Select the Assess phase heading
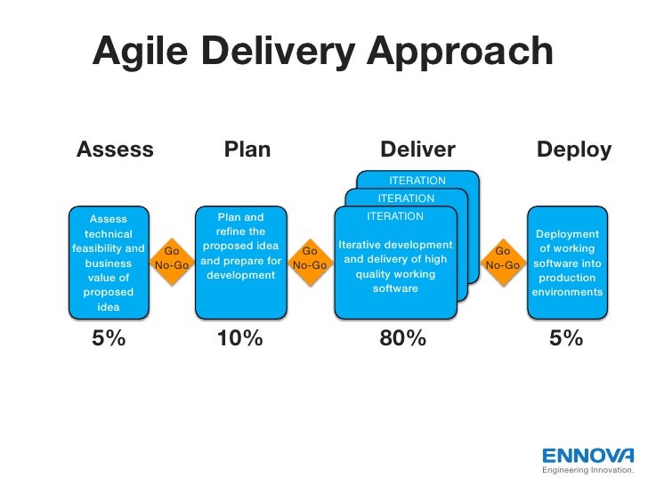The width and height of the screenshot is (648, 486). coord(115,150)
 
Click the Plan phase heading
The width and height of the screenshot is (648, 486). coord(247,150)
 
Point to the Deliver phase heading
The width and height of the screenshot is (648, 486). coord(417,150)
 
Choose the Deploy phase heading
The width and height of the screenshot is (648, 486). coord(574,150)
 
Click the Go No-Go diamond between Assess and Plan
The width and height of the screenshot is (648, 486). coord(173,258)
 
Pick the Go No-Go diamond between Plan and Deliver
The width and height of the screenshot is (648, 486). coord(310,258)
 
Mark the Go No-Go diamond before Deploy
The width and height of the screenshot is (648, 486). coord(502,258)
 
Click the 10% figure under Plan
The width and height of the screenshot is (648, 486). coord(240,339)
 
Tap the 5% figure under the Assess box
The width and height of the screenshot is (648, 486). coord(109,339)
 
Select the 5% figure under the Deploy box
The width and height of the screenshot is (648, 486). coord(566,339)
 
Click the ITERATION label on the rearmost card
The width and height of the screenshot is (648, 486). coord(417,182)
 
